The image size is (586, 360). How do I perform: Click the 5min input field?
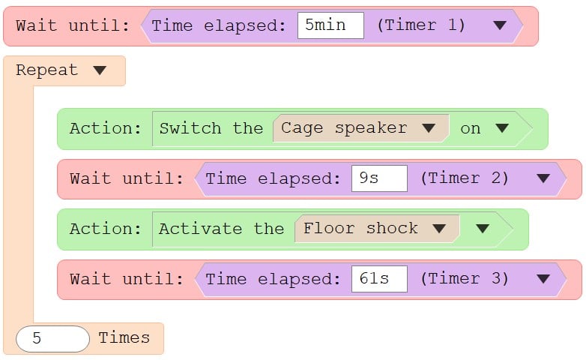[x=330, y=25]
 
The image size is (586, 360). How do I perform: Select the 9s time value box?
[x=379, y=178]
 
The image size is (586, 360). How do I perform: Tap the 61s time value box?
[x=379, y=279]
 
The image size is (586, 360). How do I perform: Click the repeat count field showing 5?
[x=52, y=339]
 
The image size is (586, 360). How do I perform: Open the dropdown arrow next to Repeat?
[x=100, y=70]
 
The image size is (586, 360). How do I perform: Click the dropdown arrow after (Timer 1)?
[x=500, y=25]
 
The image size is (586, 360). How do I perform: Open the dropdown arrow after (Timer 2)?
[x=543, y=178]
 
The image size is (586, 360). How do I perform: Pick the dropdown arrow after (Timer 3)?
[x=543, y=279]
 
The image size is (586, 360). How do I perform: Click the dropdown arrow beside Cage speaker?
[x=429, y=128]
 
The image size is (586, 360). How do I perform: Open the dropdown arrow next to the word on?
[x=502, y=128]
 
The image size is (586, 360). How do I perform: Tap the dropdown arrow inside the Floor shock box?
[x=439, y=229]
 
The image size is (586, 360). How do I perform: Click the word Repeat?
[x=47, y=70]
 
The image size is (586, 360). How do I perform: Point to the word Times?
[x=124, y=338]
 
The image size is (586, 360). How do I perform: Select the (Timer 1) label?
[x=421, y=25]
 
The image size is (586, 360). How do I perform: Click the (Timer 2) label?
[x=464, y=178]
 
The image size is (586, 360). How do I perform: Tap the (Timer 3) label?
[x=464, y=279]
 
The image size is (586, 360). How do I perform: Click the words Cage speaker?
[x=344, y=128]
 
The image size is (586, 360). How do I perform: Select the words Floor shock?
[x=360, y=228]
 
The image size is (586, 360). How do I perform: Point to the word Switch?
[x=190, y=128]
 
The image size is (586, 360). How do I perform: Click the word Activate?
[x=201, y=229]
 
